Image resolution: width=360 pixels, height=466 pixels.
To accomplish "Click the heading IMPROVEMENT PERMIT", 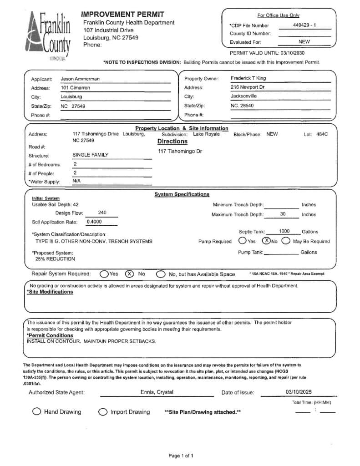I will [x=122, y=15].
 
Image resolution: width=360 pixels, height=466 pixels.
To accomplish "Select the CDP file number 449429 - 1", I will [x=304, y=25].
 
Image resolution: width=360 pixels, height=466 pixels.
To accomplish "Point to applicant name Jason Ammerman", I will [x=80, y=79].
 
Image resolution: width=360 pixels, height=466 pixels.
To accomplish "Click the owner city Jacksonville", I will [x=243, y=96].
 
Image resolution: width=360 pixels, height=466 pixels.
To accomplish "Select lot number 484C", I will [x=322, y=134].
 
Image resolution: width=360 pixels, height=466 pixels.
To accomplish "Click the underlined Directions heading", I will [x=172, y=141].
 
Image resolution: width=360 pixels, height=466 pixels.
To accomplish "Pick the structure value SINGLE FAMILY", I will [x=91, y=155].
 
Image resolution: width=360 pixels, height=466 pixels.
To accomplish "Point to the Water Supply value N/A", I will [x=76, y=181].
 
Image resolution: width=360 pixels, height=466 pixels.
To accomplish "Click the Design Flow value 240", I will [x=102, y=213].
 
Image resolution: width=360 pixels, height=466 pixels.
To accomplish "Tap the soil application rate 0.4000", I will [x=94, y=222].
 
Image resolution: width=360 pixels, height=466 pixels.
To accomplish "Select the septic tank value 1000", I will [x=284, y=231].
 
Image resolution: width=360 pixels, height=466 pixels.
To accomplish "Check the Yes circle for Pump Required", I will [x=243, y=241].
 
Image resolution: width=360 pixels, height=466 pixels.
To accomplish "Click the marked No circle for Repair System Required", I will [x=129, y=274].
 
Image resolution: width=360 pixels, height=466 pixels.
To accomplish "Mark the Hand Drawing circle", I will [x=36, y=411].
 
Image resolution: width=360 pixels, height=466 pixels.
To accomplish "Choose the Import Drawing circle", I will [x=103, y=412].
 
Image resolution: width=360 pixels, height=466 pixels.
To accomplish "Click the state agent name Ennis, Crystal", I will [x=157, y=392].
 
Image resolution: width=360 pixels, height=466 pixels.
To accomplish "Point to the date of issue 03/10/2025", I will [x=299, y=392].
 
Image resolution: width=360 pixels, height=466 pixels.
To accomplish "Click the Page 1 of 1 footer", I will [x=181, y=455].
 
